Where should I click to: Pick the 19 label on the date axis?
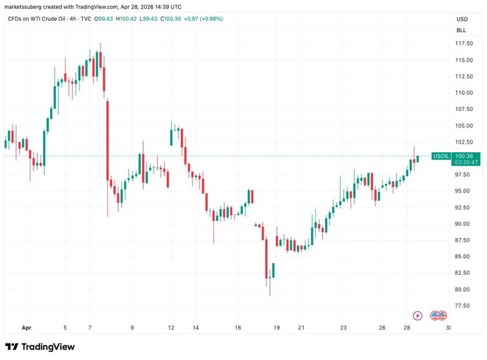[x=276, y=327]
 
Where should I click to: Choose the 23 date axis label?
[x=343, y=327]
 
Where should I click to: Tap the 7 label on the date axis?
[x=89, y=327]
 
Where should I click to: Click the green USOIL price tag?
[x=441, y=157]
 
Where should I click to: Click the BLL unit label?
[x=461, y=29]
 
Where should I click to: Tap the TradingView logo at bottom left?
[x=40, y=347]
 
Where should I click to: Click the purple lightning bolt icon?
[x=418, y=315]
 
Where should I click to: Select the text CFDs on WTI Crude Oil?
[x=33, y=19]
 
